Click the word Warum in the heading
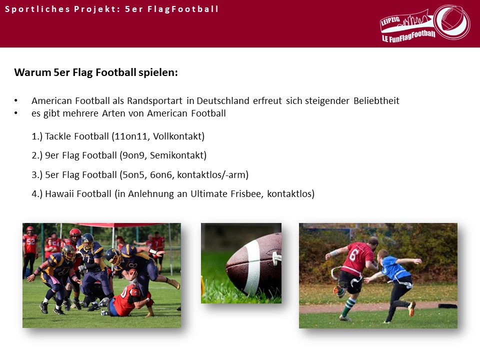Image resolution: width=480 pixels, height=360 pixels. pyautogui.click(x=32, y=72)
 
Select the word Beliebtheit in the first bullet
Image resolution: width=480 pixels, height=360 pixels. pyautogui.click(x=376, y=101)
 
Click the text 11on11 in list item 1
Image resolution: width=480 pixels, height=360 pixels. pyautogui.click(x=132, y=136)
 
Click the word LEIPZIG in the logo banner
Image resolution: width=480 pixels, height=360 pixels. pyautogui.click(x=390, y=21)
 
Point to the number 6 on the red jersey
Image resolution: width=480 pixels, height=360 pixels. pyautogui.click(x=353, y=254)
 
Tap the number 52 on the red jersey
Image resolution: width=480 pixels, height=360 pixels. pyautogui.click(x=30, y=241)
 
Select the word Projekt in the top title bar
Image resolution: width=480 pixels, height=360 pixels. pyautogui.click(x=95, y=9)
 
